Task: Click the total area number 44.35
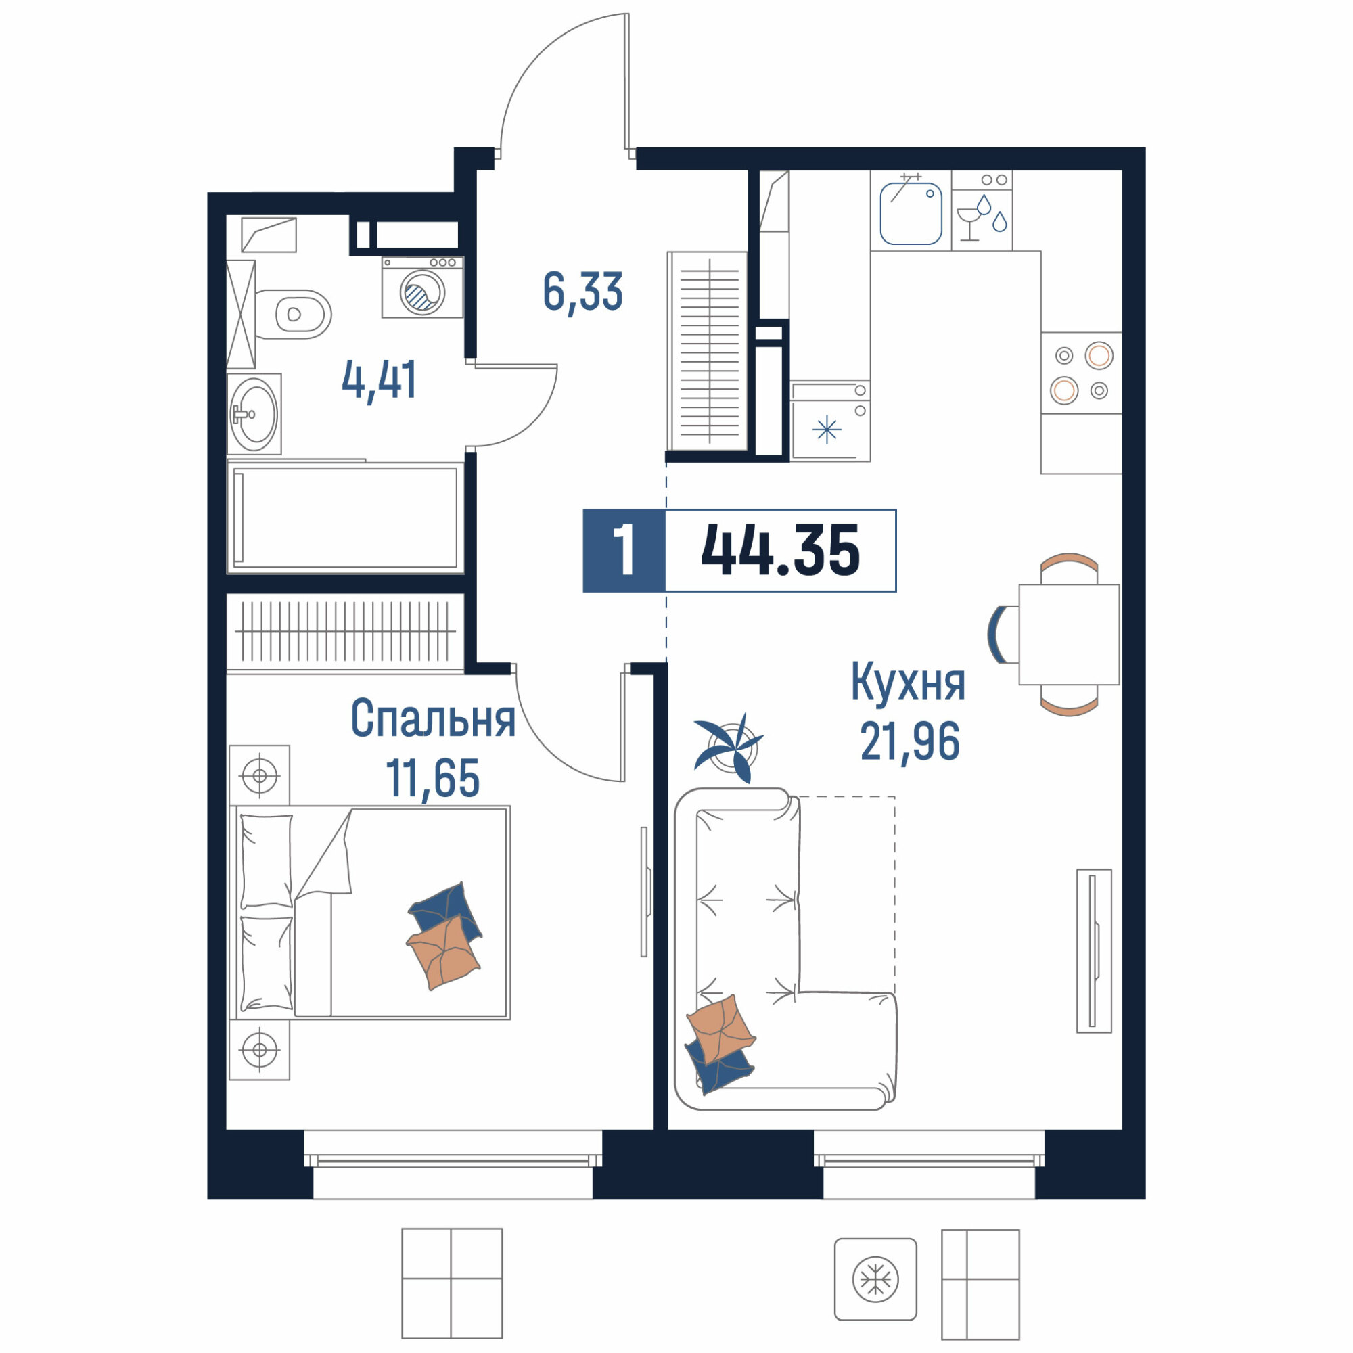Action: click(780, 551)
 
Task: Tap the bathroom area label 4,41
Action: click(380, 380)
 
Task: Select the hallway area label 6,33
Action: click(582, 292)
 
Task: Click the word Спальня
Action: click(433, 718)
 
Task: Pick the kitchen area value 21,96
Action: click(910, 741)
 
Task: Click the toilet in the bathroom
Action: click(293, 315)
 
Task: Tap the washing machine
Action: click(422, 287)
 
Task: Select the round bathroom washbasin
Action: click(254, 414)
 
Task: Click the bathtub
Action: click(345, 518)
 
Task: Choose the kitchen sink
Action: click(911, 213)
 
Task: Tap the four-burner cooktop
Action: click(1081, 373)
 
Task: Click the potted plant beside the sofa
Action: click(729, 748)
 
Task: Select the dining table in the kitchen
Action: click(1069, 635)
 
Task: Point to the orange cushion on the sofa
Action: click(720, 1028)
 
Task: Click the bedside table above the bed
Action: click(259, 775)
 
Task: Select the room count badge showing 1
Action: click(624, 551)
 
